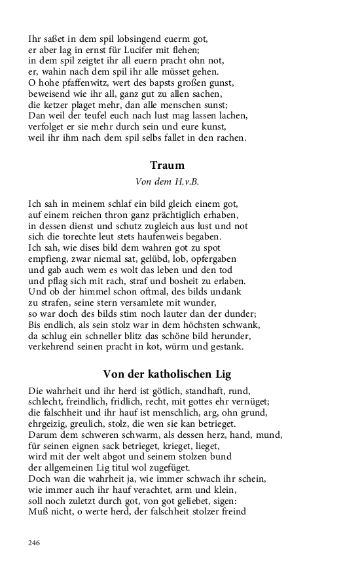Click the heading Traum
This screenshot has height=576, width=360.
tap(167, 166)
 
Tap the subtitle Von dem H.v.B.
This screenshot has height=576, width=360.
tap(167, 181)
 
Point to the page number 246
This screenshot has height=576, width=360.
tap(35, 543)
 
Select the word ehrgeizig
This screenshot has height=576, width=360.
tap(49, 424)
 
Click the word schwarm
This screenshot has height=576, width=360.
tap(135, 435)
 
